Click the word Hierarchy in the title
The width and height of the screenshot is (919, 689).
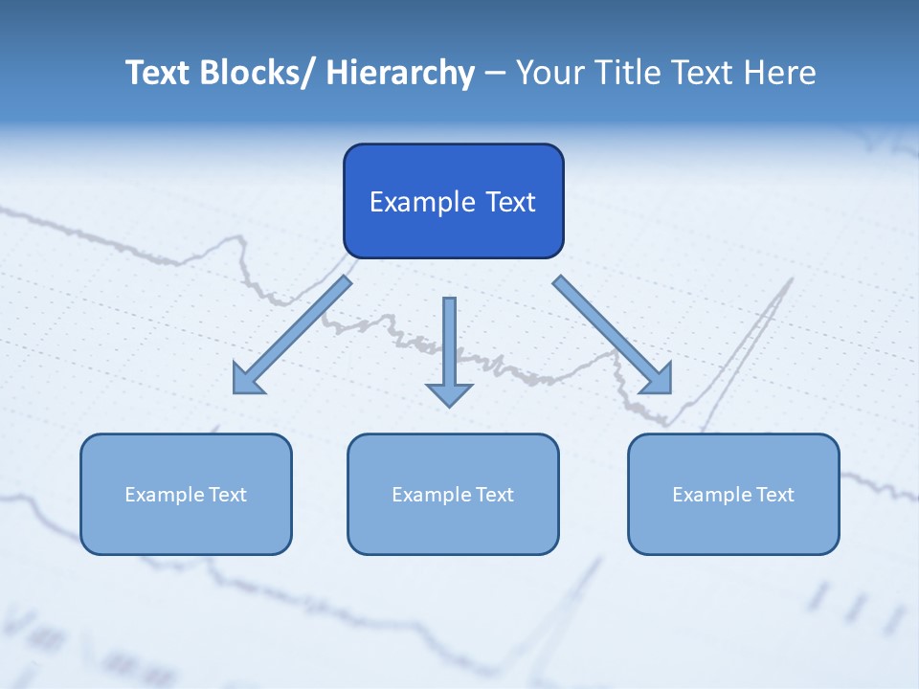400,73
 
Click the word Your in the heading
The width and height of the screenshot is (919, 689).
548,73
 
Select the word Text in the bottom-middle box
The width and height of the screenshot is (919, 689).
495,495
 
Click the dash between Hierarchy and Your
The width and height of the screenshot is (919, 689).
495,74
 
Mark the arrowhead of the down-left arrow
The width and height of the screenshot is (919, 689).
247,381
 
